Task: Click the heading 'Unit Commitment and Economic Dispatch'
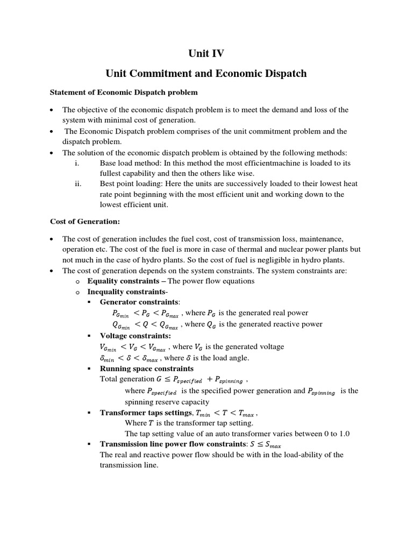(x=206, y=74)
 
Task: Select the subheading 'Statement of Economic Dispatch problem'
(x=124, y=93)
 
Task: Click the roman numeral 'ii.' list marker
(x=78, y=183)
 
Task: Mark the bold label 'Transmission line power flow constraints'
(x=172, y=444)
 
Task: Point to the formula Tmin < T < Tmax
(x=226, y=413)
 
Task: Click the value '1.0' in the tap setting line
(x=344, y=433)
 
